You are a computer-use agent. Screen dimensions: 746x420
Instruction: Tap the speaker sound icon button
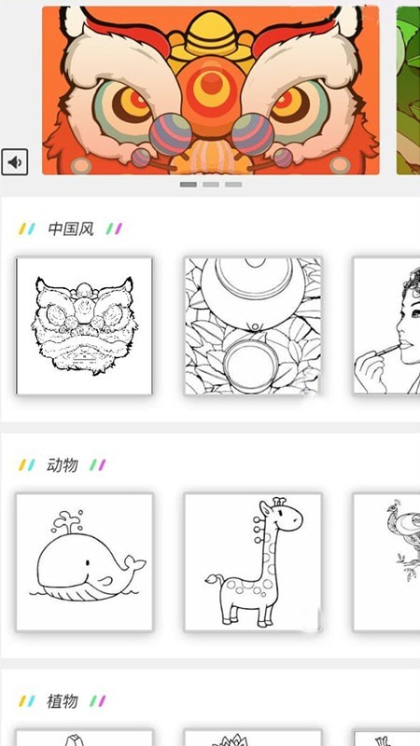click(15, 162)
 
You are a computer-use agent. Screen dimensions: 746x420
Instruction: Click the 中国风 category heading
click(71, 228)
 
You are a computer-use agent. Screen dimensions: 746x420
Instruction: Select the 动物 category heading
click(63, 464)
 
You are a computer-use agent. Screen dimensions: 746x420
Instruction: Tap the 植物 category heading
click(63, 700)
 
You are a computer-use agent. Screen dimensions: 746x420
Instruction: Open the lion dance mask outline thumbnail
click(84, 325)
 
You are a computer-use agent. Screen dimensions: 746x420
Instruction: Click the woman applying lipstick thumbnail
click(385, 325)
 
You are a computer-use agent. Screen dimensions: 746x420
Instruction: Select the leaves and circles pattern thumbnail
click(252, 325)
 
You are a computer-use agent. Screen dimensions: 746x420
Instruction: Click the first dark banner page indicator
click(189, 185)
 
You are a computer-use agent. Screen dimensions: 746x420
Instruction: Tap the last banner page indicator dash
click(233, 185)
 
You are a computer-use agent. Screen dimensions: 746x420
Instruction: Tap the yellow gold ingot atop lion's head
click(212, 35)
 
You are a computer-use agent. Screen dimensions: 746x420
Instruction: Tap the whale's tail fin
click(134, 563)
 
